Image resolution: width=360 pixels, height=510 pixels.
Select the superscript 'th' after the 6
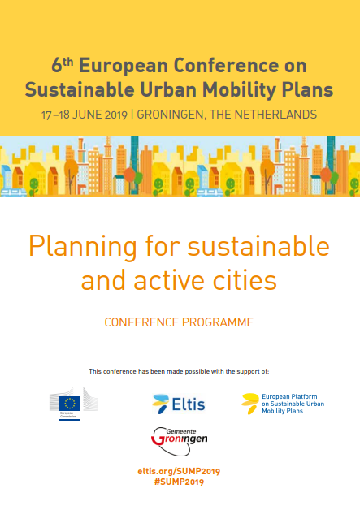pos(67,61)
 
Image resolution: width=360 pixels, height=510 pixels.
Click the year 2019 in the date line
pos(116,115)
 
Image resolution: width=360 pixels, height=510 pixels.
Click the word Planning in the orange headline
pos(83,247)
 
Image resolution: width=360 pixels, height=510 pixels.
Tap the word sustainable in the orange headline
pos(258,246)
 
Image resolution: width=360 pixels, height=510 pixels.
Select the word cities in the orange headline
pos(245,280)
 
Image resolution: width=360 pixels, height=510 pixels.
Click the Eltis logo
pos(179,404)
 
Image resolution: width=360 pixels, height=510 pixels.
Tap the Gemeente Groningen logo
pos(180,441)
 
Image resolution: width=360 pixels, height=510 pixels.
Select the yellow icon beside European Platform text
pos(250,404)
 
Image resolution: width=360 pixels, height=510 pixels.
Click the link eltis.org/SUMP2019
pos(179,471)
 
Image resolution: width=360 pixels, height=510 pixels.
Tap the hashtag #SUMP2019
pos(179,482)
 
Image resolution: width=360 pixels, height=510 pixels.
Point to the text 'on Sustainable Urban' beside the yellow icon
pos(293,404)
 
